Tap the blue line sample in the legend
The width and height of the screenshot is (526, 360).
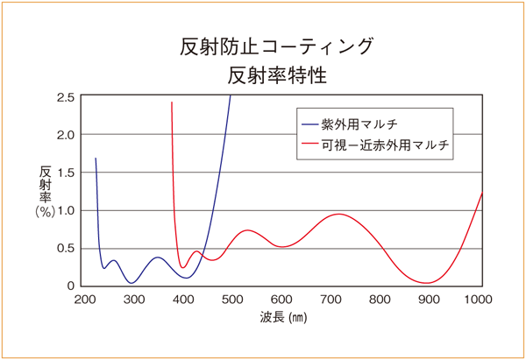(x=311, y=123)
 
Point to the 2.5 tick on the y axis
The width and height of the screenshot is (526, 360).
(x=64, y=96)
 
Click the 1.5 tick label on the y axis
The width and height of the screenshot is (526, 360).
(x=64, y=173)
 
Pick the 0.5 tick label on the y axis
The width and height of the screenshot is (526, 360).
(x=64, y=248)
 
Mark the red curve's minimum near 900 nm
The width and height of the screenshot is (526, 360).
(x=428, y=283)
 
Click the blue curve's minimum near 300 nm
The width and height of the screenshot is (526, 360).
(x=131, y=283)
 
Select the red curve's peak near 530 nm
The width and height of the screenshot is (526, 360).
(x=249, y=230)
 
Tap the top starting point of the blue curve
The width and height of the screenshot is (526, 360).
(x=96, y=159)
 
